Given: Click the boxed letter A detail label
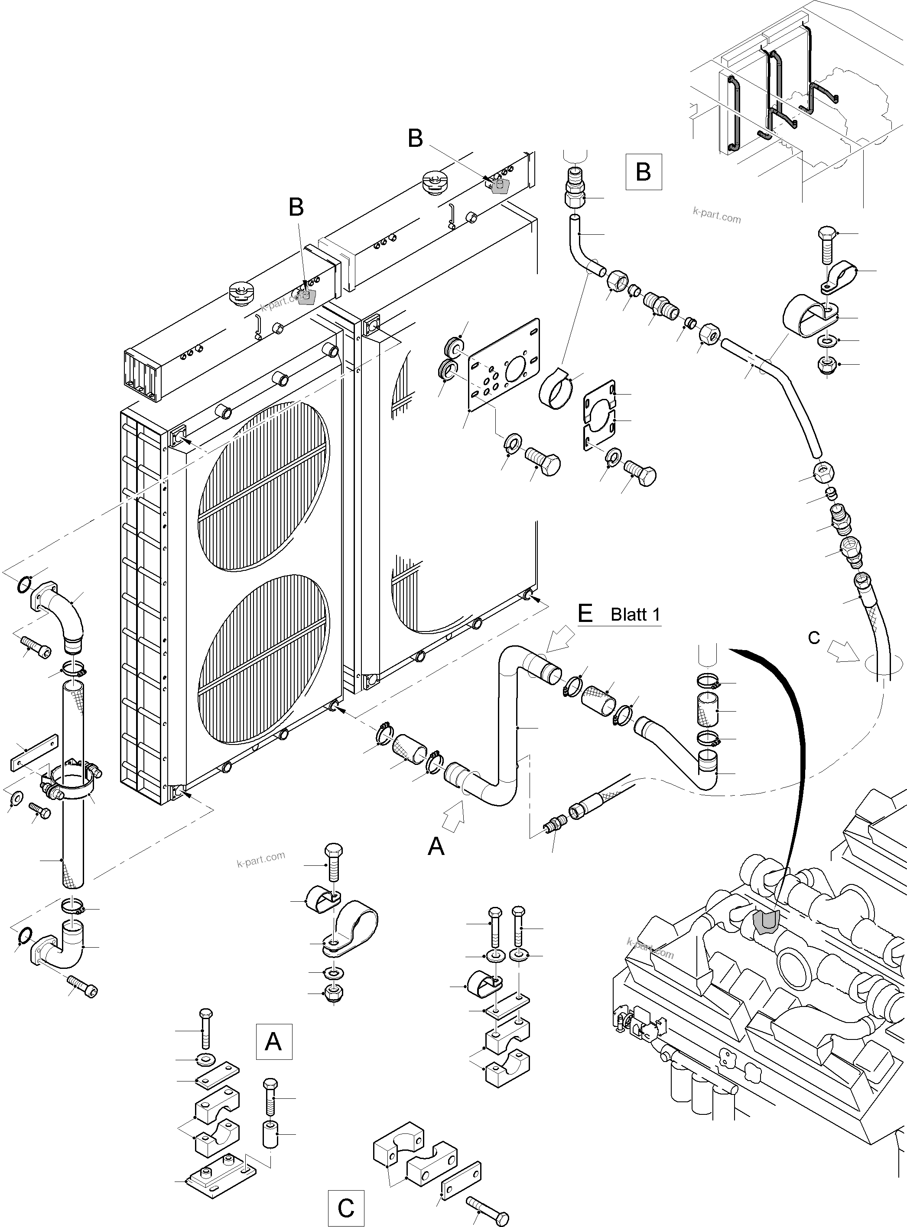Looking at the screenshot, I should (273, 1041).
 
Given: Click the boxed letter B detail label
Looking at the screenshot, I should (643, 172).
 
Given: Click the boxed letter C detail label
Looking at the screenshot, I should (345, 1208).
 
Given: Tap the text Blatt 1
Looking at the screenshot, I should (635, 615).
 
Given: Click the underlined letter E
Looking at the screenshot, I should (585, 613).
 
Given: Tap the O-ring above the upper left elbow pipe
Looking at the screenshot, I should (23, 585).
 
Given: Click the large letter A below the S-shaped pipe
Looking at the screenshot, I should (436, 846).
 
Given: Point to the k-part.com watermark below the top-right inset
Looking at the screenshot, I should (716, 215).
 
